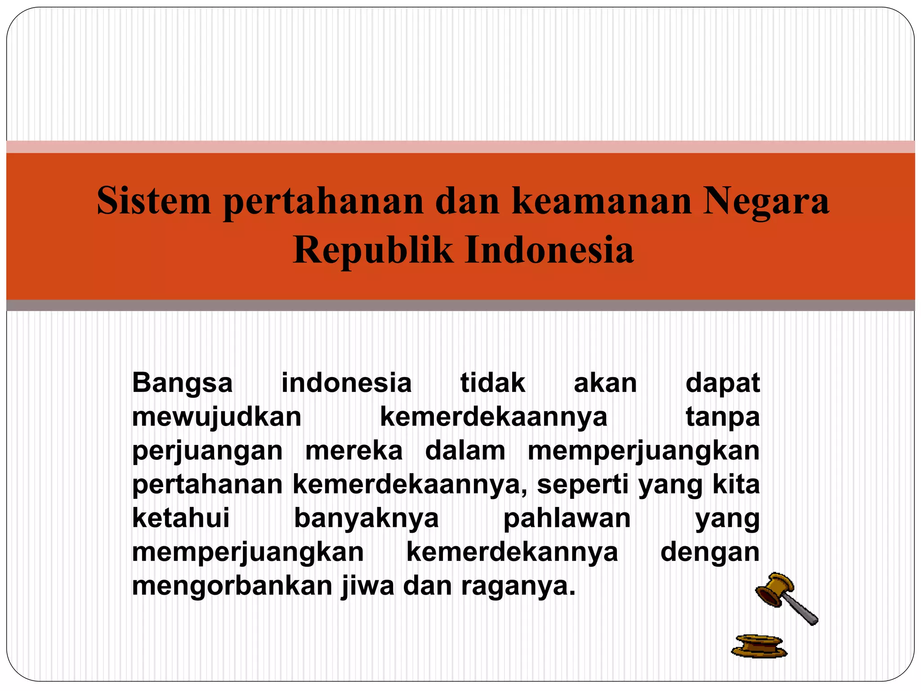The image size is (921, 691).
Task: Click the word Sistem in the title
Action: (154, 201)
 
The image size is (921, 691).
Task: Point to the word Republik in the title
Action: (373, 250)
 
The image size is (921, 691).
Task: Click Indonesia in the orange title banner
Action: (549, 250)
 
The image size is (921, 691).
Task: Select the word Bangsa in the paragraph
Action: (183, 383)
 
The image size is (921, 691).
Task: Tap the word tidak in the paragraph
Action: (493, 383)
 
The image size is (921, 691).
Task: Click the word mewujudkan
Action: (217, 417)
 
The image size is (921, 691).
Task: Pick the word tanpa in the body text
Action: (723, 417)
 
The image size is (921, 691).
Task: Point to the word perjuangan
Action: (207, 451)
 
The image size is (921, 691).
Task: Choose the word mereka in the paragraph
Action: (354, 451)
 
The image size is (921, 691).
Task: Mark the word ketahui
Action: (181, 518)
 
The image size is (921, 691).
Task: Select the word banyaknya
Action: (367, 519)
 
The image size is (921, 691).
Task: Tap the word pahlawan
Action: (567, 518)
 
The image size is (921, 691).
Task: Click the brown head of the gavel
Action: (775, 589)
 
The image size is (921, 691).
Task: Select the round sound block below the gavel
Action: (759, 646)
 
